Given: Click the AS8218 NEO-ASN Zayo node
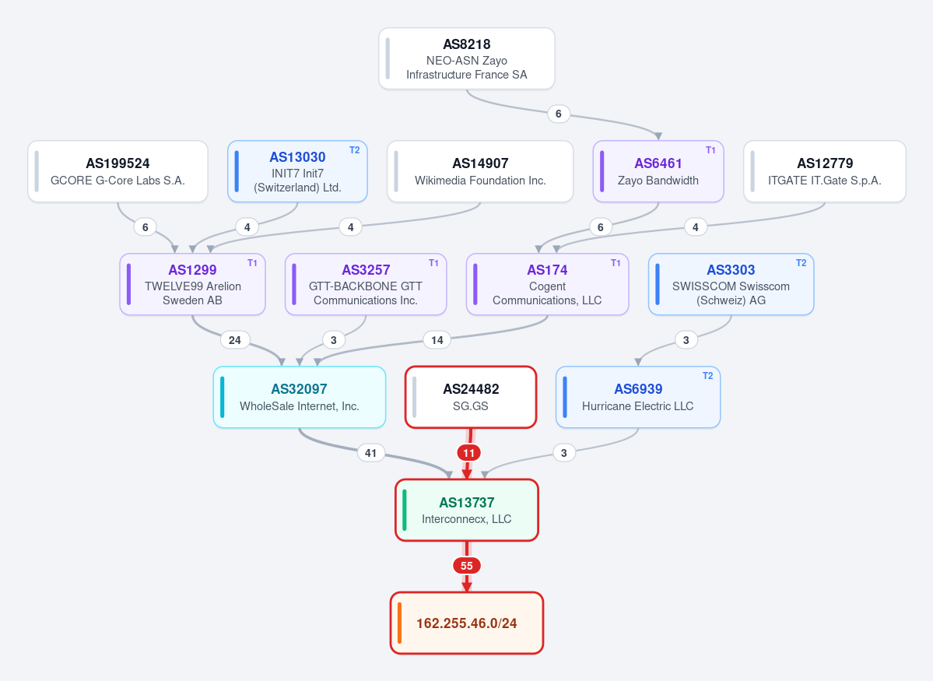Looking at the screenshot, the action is (x=467, y=59).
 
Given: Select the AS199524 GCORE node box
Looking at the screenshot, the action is (x=118, y=171).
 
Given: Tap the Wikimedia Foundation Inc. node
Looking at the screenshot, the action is (x=480, y=171).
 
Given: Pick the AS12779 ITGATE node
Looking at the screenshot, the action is (x=825, y=171).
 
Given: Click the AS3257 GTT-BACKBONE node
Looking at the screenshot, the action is (x=366, y=285).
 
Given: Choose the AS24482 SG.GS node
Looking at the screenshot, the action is (x=471, y=397).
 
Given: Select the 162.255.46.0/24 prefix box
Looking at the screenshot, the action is (x=467, y=623).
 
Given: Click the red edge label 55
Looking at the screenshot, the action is (x=467, y=566).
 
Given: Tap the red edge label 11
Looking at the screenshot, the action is (x=469, y=453).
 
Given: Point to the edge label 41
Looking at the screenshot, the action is (x=370, y=453).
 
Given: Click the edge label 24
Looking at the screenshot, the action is (x=235, y=340).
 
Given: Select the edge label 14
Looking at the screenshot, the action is (x=437, y=340).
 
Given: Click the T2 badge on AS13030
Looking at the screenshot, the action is (x=355, y=150).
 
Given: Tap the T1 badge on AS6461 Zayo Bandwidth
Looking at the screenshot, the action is (x=710, y=150).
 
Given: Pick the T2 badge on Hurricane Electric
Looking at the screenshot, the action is (x=707, y=376).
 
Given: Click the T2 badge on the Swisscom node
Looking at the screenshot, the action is (x=801, y=263).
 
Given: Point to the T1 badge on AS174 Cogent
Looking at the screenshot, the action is (x=616, y=263).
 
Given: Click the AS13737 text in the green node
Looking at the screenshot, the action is (x=467, y=503).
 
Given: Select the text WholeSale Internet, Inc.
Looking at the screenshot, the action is (x=300, y=406).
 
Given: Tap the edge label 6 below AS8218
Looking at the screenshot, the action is (x=558, y=114).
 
